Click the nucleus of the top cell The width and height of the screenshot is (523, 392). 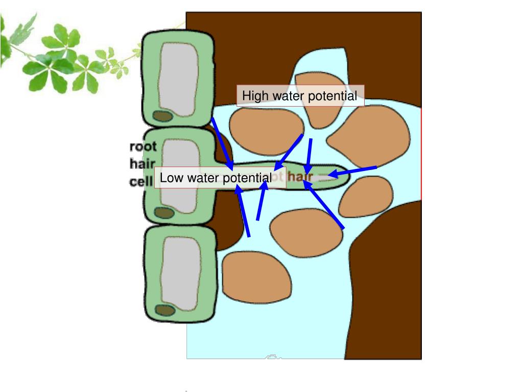pos(163,116)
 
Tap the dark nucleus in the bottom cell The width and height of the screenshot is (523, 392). pos(165,310)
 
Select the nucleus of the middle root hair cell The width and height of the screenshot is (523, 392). pos(163,212)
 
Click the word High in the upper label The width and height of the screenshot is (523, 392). pos(253,96)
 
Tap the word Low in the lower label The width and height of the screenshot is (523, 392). pos(169,178)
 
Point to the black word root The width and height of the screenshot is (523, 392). pos(143,147)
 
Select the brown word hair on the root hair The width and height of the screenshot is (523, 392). pos(300,177)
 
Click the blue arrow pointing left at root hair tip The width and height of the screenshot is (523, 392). pos(352,171)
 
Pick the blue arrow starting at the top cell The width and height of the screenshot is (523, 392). pos(222,143)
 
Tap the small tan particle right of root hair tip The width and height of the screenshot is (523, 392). pos(366,197)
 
